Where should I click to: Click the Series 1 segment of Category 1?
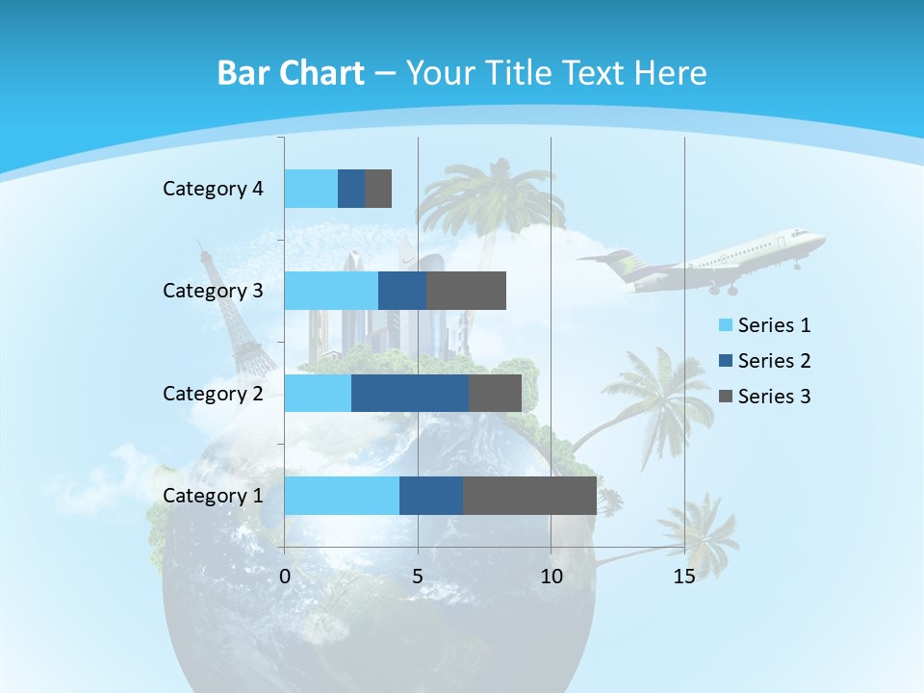coord(342,496)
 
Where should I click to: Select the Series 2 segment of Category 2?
coord(410,393)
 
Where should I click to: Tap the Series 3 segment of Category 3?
coord(466,291)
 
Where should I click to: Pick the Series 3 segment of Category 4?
coord(378,189)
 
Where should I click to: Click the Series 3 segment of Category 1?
coord(529,496)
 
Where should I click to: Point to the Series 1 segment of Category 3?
coord(331,291)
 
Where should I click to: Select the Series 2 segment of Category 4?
coord(351,189)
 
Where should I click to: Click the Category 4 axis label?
coord(213,189)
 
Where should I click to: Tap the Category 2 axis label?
coord(213,393)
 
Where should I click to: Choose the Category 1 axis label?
coord(213,496)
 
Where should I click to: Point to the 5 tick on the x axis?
coord(418,577)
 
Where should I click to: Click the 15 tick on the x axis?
coord(683,577)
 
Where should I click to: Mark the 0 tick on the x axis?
coord(285,577)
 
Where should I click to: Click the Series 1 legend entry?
coord(764,325)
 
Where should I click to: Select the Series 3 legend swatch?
coord(725,397)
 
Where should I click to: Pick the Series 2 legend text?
coord(774,361)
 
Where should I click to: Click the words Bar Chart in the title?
coord(290,73)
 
